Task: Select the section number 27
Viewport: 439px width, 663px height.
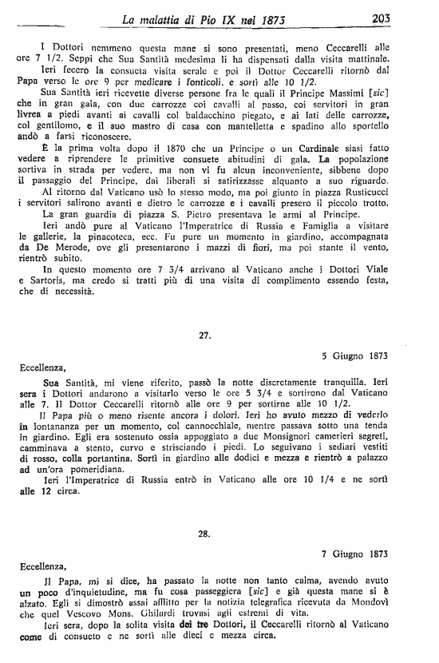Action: pyautogui.click(x=204, y=336)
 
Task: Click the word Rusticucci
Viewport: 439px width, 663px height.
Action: pyautogui.click(x=386, y=215)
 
